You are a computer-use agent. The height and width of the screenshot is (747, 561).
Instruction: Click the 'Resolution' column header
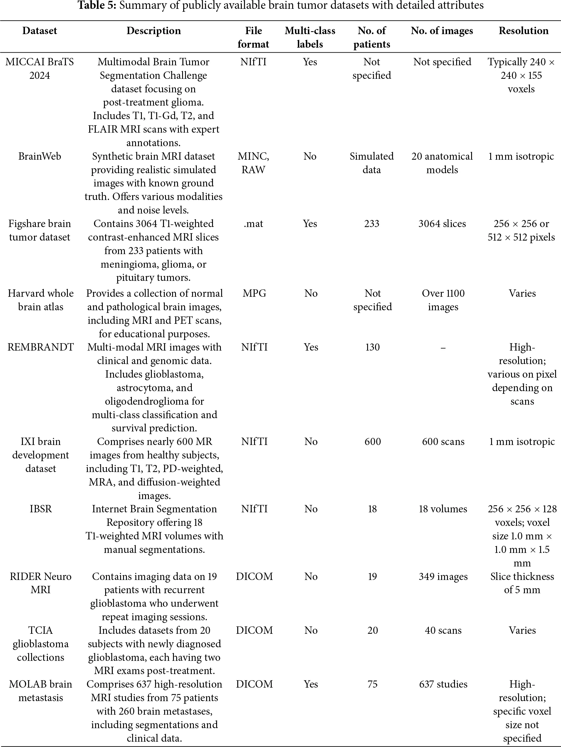(x=523, y=31)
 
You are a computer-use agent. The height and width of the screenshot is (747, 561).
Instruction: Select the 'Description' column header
(x=154, y=31)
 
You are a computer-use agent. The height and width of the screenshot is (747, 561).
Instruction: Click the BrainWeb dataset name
(x=40, y=156)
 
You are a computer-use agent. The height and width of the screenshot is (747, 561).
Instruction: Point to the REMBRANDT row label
(x=41, y=347)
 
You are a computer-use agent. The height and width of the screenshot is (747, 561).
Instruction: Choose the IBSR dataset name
(x=41, y=509)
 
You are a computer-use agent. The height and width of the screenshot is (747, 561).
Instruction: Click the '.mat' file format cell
(x=253, y=224)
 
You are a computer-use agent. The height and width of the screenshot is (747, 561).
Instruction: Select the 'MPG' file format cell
(x=254, y=293)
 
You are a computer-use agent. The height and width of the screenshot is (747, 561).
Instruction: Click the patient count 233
(x=372, y=224)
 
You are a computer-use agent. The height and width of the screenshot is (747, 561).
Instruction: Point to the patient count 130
(x=372, y=347)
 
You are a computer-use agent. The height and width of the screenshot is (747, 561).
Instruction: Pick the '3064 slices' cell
(x=442, y=224)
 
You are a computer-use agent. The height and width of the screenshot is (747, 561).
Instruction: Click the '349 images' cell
(x=443, y=576)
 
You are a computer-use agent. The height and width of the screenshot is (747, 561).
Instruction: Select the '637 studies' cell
(x=443, y=684)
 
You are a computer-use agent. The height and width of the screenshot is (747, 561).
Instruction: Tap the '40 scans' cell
(x=443, y=630)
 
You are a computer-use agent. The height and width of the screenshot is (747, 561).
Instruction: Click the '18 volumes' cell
(x=443, y=509)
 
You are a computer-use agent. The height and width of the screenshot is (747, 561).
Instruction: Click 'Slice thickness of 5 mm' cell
(x=522, y=583)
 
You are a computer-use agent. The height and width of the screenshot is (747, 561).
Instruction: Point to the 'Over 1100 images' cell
(x=443, y=300)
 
